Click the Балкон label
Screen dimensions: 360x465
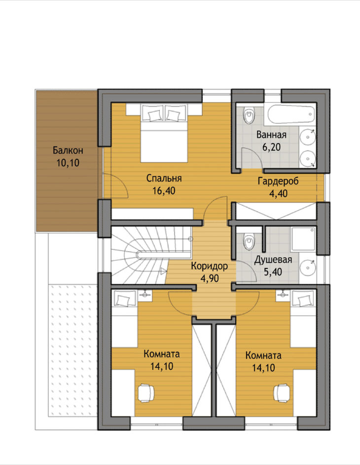click(x=68, y=151)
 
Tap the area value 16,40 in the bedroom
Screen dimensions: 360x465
click(x=164, y=191)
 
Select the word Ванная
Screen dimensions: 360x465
click(x=271, y=135)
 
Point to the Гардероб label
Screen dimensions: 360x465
click(x=278, y=181)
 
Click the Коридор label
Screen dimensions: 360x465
click(x=210, y=266)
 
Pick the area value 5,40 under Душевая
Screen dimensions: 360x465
click(x=273, y=272)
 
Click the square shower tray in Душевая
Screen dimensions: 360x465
click(x=303, y=239)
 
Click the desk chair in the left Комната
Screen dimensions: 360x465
click(x=146, y=393)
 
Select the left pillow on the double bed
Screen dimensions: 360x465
click(x=153, y=114)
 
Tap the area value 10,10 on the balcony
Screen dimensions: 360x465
click(x=68, y=163)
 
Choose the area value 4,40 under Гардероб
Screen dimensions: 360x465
click(x=278, y=194)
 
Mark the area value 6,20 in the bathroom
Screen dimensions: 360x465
click(x=271, y=147)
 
